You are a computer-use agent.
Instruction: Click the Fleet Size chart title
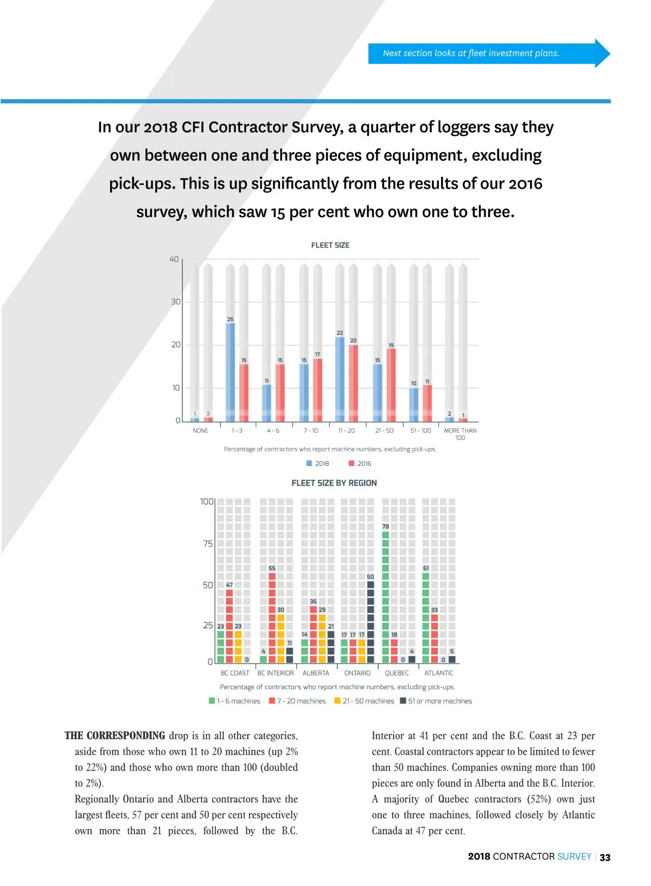click(x=330, y=245)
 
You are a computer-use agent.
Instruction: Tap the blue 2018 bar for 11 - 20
click(x=340, y=379)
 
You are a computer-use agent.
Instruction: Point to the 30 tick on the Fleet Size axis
click(x=176, y=301)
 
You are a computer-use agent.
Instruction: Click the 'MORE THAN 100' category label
click(x=460, y=434)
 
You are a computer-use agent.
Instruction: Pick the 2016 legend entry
click(x=360, y=464)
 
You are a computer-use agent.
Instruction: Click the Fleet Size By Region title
click(x=334, y=483)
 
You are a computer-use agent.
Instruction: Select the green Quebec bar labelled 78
click(x=386, y=596)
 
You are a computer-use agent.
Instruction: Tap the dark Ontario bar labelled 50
click(x=371, y=621)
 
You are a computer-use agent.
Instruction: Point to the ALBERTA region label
click(x=316, y=673)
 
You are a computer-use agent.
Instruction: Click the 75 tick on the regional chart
click(x=208, y=543)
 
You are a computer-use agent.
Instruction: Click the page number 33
click(x=605, y=857)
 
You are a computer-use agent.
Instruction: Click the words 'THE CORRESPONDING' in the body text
click(x=115, y=736)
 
